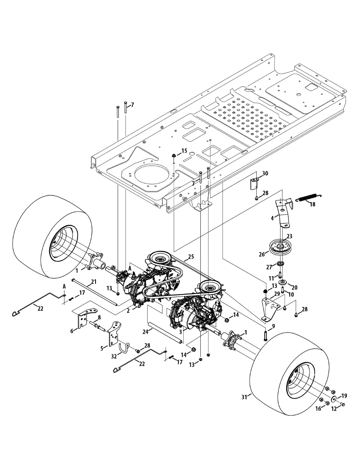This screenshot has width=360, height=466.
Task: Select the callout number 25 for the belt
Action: point(191,256)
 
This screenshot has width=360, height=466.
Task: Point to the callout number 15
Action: point(184,150)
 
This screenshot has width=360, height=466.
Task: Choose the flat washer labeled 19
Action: point(334,400)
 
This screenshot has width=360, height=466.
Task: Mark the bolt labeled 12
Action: point(342,405)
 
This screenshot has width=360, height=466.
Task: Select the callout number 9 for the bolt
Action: point(273,326)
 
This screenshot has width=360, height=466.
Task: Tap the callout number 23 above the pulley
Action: point(289,236)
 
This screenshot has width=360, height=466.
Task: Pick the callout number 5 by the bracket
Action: point(102,348)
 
